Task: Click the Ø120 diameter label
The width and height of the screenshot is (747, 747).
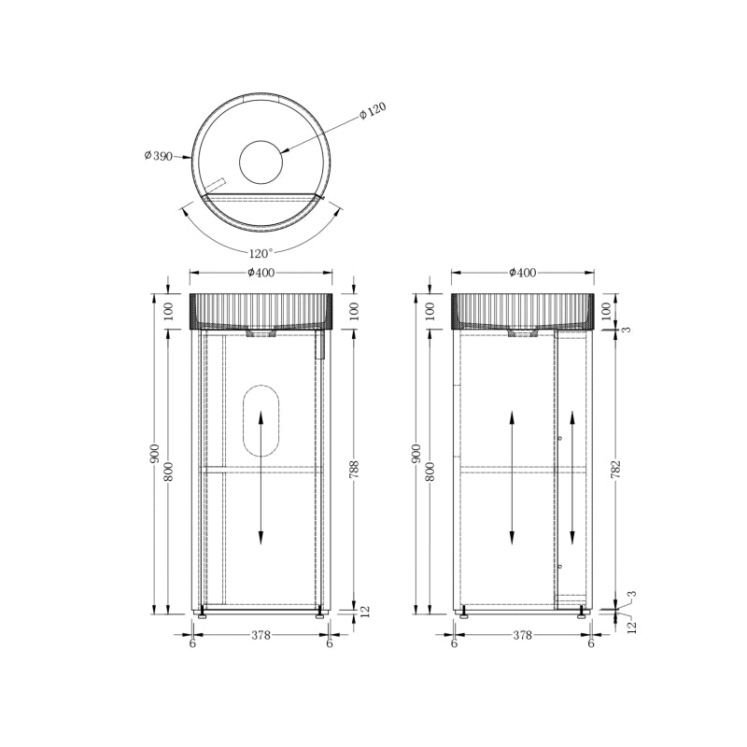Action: click(373, 110)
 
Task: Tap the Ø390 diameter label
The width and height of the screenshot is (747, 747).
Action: click(159, 155)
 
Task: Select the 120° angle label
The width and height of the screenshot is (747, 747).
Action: click(261, 252)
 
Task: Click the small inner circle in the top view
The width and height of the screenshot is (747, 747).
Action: click(261, 162)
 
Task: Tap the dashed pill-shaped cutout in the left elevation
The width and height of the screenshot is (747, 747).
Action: click(261, 419)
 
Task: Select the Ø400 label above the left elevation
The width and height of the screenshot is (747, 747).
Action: click(261, 273)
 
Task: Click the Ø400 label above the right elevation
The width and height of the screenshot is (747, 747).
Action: click(523, 273)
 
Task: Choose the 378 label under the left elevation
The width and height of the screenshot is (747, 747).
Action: click(261, 635)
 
